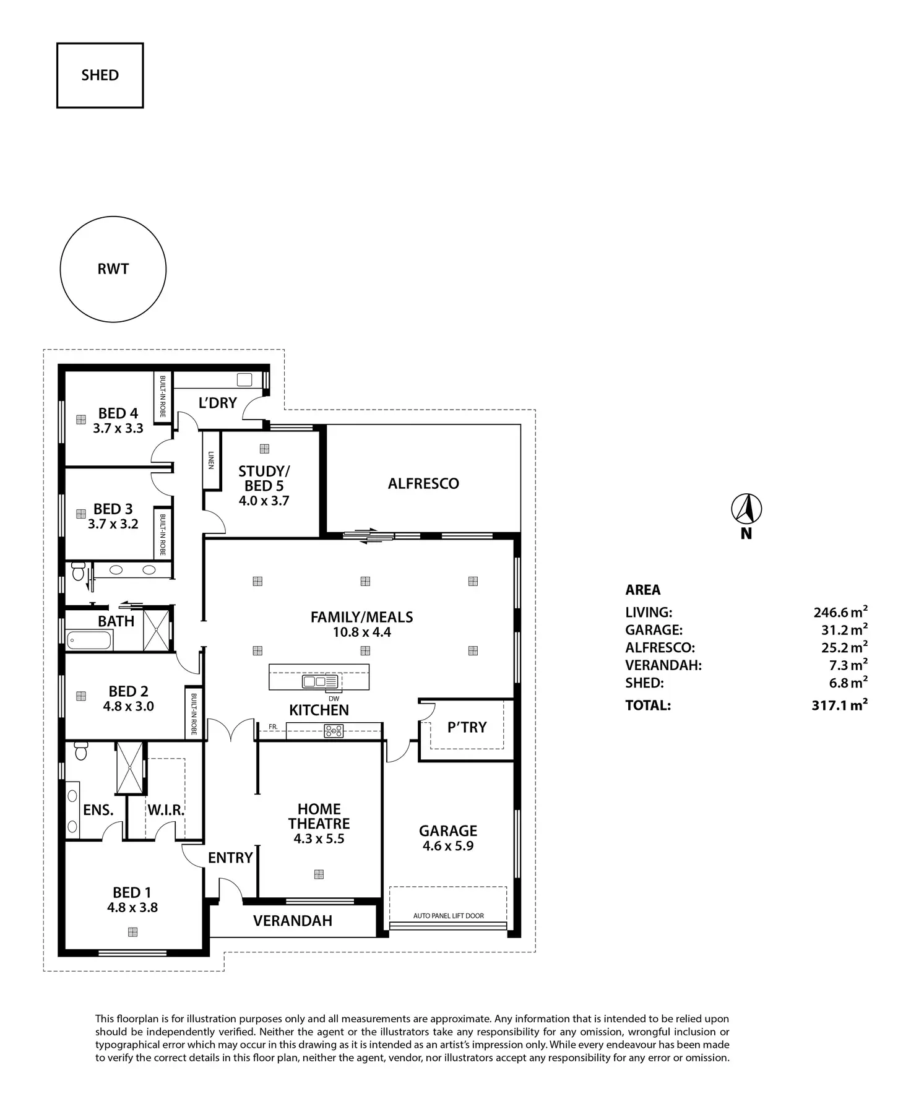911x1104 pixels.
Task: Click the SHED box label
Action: coord(100,75)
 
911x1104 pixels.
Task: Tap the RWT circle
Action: coord(113,217)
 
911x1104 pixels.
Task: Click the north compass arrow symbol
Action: coord(746,509)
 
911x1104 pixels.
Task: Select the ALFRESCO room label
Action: coord(423,483)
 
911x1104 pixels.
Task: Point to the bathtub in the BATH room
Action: coord(90,640)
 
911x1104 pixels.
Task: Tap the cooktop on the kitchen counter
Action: coord(334,731)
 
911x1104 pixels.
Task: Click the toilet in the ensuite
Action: coord(80,751)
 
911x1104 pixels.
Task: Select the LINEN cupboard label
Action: coord(211,459)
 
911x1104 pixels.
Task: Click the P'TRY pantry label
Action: coord(467,727)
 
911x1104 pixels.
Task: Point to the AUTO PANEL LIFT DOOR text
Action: coord(449,915)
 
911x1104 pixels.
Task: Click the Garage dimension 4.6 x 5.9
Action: coord(448,846)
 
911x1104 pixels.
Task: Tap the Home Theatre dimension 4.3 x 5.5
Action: coord(319,839)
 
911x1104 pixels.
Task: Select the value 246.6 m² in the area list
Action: coord(840,612)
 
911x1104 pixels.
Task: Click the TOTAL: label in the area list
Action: coord(648,705)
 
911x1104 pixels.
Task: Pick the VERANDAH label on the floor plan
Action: coord(293,921)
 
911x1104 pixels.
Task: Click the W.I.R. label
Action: coord(166,809)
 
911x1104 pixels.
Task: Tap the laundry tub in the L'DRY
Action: coord(244,380)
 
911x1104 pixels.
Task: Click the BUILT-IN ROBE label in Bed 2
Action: coord(194,714)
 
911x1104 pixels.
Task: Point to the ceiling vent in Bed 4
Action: coord(80,420)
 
